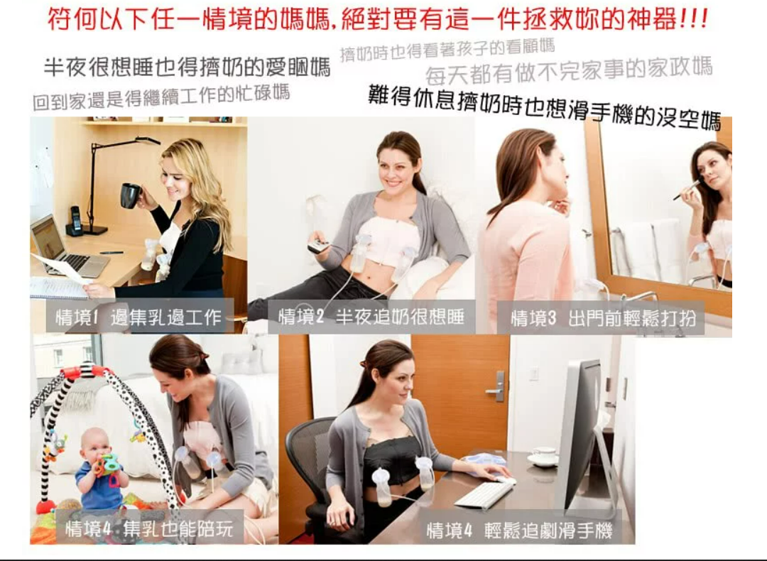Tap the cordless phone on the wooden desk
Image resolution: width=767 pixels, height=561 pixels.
tap(75, 221)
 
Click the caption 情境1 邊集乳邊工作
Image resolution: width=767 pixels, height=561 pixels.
tap(138, 317)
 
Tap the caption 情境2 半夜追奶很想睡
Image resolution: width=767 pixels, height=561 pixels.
tap(371, 317)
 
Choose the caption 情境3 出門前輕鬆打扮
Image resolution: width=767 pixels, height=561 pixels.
tap(603, 318)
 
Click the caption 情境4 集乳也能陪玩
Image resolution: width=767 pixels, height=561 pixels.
tap(149, 529)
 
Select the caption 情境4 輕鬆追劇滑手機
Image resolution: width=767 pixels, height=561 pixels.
tap(519, 530)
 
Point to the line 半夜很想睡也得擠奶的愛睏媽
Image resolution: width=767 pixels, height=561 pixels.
tap(187, 67)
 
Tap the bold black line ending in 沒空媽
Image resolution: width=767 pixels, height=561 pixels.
tap(545, 107)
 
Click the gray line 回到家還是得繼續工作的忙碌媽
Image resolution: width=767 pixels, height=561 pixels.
tap(161, 97)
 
